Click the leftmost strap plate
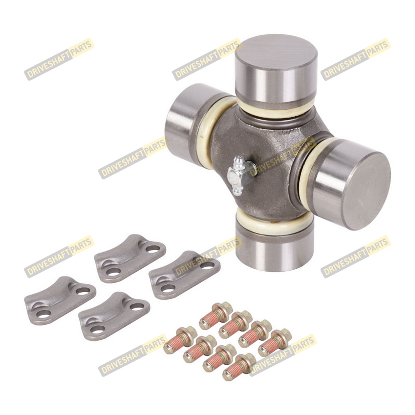coord(60,301)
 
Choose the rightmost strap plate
coord(185,275)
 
